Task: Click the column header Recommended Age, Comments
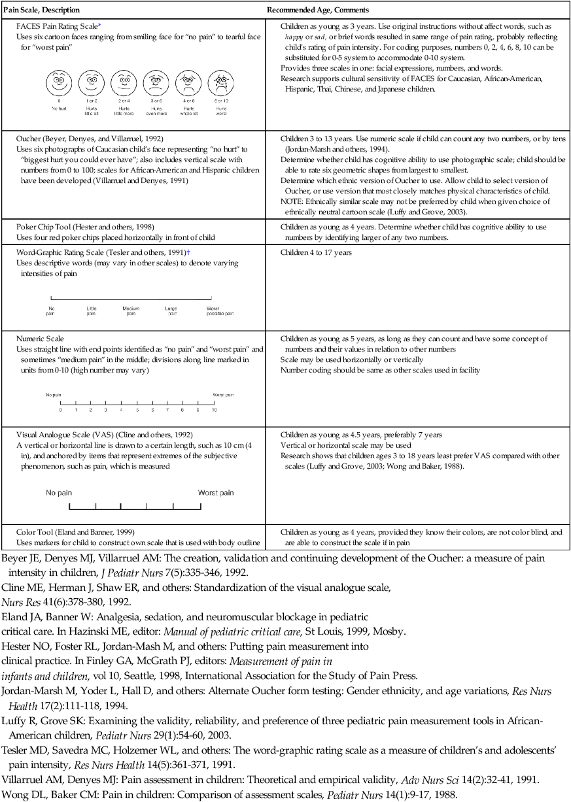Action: tap(317, 10)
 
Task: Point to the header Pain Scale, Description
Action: tap(42, 10)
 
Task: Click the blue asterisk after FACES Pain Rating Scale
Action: tap(99, 25)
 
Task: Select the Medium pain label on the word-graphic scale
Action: tap(131, 310)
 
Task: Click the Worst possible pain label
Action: tap(220, 310)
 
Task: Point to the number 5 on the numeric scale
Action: tap(137, 410)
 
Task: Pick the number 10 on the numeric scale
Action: tap(214, 410)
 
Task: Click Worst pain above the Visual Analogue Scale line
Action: tap(215, 493)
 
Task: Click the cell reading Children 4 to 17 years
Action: tap(316, 252)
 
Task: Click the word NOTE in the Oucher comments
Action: tap(292, 201)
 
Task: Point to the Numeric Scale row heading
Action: tap(41, 339)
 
